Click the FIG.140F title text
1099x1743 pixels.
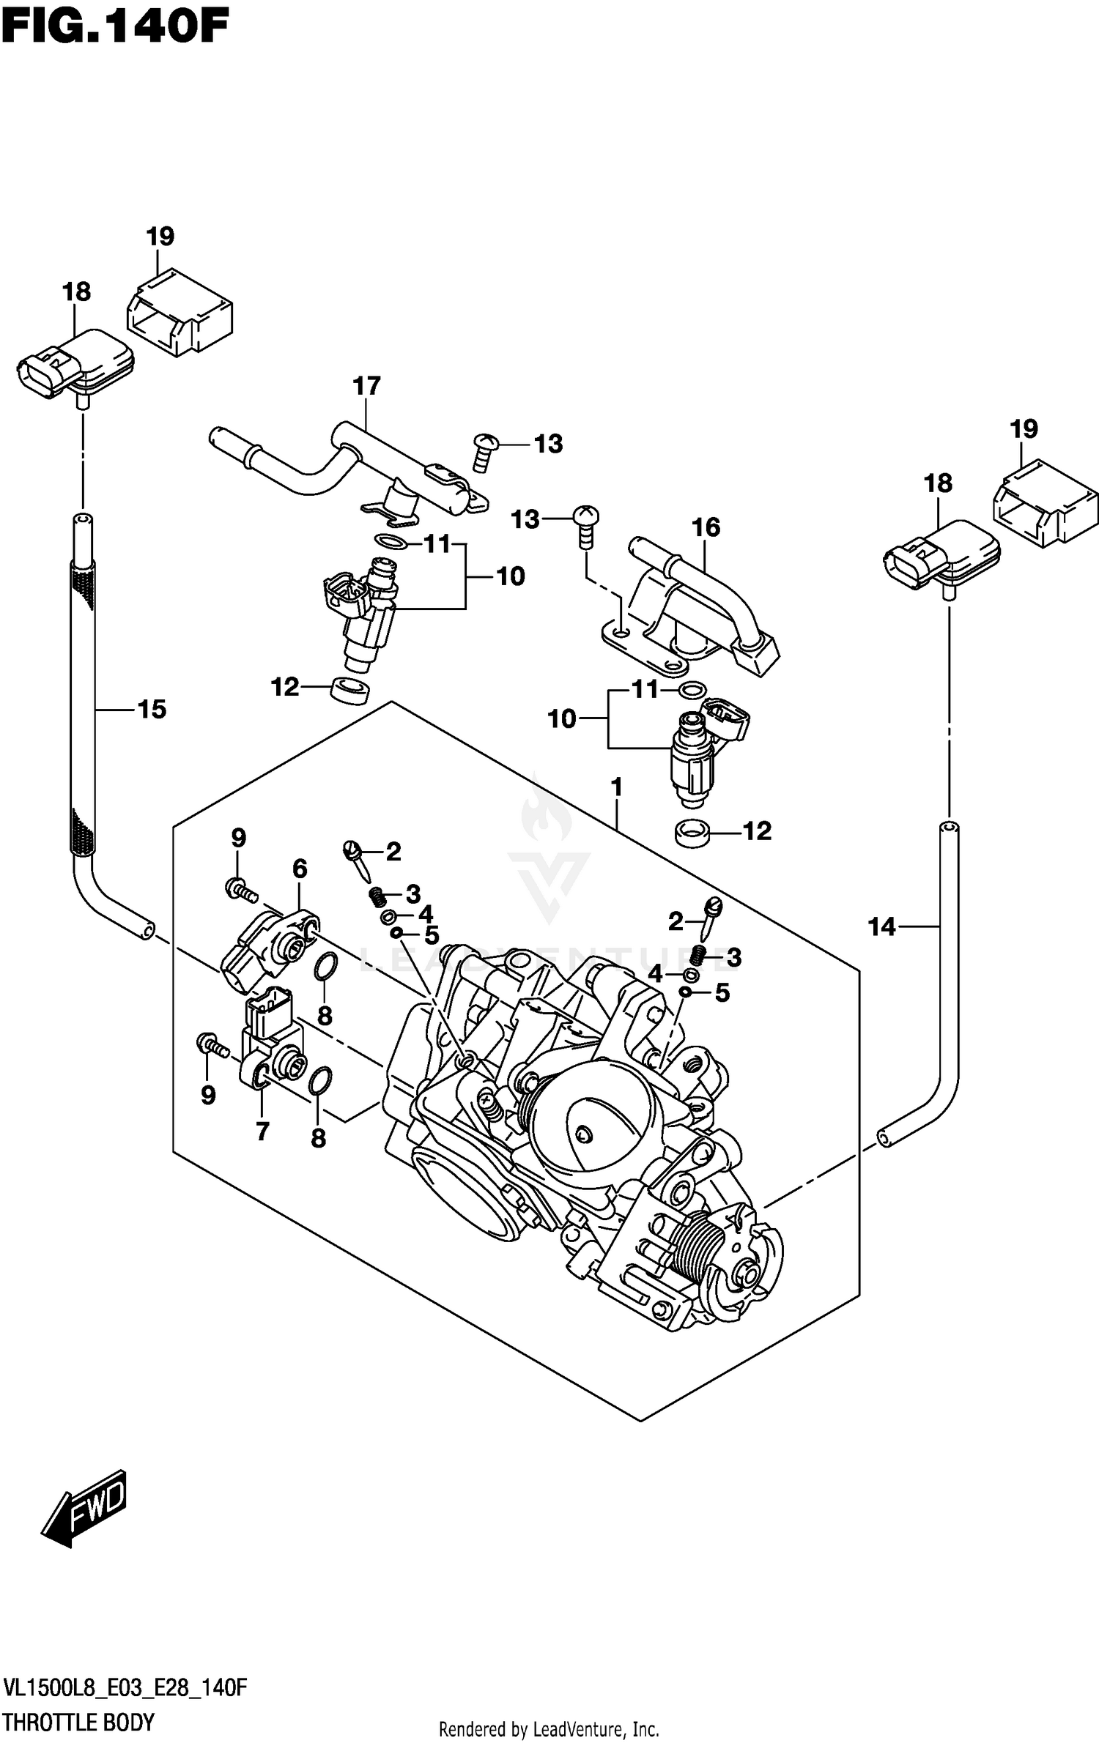115,28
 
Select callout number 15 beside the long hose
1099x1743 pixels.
152,709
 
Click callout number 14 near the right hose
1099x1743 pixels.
881,927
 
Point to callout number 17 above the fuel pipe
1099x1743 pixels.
367,386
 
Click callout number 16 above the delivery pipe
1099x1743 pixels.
706,527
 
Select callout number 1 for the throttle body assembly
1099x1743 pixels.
616,788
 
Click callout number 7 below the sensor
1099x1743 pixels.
262,1131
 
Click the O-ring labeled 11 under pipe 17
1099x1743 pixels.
391,543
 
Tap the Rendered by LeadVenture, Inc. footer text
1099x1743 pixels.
549,1728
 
